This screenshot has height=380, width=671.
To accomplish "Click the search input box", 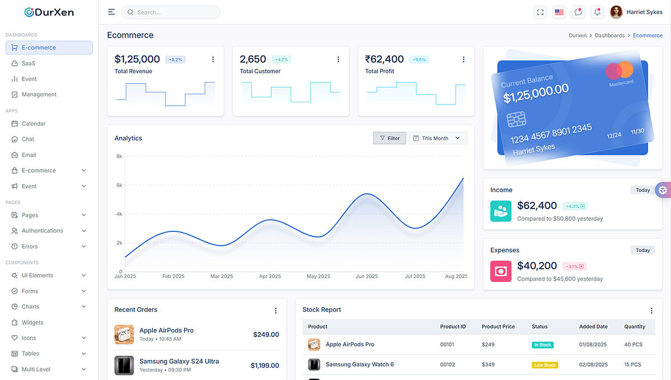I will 173,12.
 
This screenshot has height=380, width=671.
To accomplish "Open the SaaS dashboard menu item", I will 28,63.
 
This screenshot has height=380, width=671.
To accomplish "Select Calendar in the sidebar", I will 34,123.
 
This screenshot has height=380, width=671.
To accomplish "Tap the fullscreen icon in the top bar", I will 540,12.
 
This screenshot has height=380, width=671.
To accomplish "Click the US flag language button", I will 559,12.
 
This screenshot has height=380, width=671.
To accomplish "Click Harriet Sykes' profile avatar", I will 616,12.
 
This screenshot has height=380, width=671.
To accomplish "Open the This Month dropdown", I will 438,138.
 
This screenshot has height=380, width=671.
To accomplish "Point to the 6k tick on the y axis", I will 119,185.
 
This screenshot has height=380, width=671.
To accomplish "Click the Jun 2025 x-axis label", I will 367,276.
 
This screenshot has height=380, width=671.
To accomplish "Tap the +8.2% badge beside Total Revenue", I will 176,59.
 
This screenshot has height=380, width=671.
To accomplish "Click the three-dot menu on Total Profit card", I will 464,59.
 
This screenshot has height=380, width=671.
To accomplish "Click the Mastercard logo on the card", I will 620,71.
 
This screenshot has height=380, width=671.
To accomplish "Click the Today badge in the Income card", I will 642,190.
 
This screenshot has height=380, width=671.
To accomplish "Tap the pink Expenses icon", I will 501,271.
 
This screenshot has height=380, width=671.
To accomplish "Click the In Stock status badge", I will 542,345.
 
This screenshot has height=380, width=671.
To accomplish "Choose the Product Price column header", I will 498,326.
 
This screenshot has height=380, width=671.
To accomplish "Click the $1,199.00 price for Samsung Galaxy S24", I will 264,365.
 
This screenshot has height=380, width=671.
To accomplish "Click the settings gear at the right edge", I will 663,190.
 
